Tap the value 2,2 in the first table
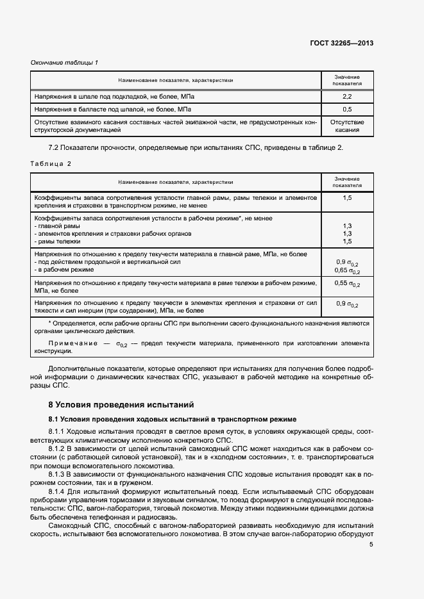tap(347, 96)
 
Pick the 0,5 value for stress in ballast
tap(347, 110)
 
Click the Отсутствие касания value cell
tap(347, 126)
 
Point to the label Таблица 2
tap(51, 163)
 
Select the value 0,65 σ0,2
tap(347, 270)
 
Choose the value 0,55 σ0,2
tap(347, 284)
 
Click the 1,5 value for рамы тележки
tap(347, 242)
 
